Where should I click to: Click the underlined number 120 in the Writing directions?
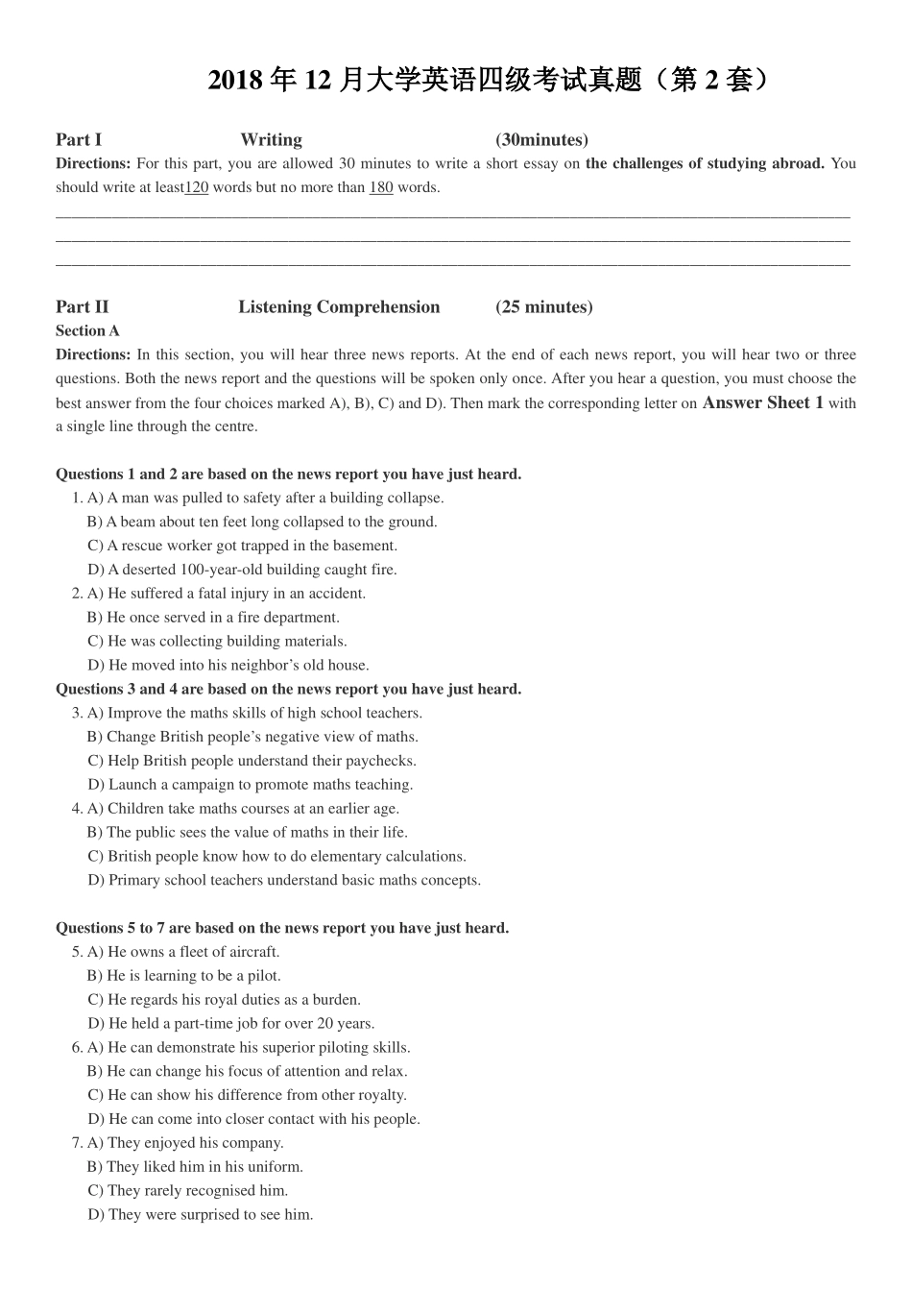[196, 187]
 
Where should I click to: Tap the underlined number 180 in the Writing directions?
[381, 187]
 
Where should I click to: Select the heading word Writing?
[271, 140]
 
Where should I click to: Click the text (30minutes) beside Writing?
[541, 140]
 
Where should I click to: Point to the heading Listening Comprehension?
[339, 307]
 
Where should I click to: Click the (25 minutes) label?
[543, 307]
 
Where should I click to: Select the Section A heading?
[87, 330]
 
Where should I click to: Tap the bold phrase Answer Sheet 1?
[762, 402]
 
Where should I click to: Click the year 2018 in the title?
[235, 81]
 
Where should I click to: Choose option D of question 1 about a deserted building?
[242, 570]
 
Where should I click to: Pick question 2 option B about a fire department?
[213, 618]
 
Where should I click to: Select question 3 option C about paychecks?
[252, 761]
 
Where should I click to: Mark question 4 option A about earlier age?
[243, 809]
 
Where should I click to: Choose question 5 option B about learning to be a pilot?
[184, 976]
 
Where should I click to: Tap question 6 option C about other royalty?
[247, 1095]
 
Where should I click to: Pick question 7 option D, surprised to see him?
[201, 1215]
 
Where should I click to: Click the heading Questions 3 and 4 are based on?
[288, 689]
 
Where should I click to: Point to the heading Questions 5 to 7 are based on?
[282, 928]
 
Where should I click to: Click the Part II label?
[82, 307]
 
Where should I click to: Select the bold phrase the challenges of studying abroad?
[705, 163]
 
